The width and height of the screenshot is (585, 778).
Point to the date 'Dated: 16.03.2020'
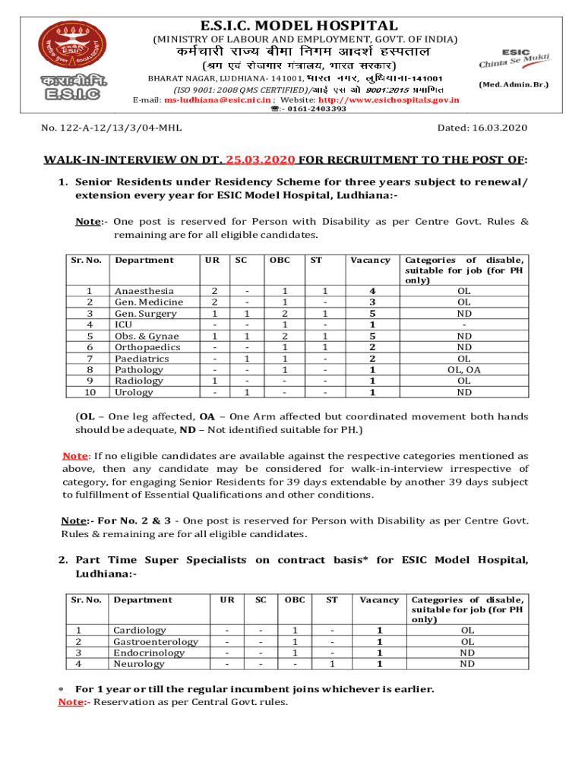(x=483, y=128)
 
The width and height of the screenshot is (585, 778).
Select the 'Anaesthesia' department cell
(x=144, y=291)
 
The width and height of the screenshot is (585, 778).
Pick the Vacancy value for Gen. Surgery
(x=372, y=314)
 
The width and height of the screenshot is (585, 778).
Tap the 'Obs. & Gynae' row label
(x=147, y=336)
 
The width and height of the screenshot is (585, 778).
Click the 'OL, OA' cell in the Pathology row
(x=463, y=370)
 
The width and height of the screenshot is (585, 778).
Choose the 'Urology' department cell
(x=134, y=393)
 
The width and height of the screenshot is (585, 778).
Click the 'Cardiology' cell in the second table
(x=140, y=631)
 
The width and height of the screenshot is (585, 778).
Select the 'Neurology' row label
(x=139, y=664)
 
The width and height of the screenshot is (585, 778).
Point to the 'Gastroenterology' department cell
(x=156, y=642)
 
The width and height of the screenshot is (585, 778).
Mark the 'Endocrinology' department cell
(x=149, y=653)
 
